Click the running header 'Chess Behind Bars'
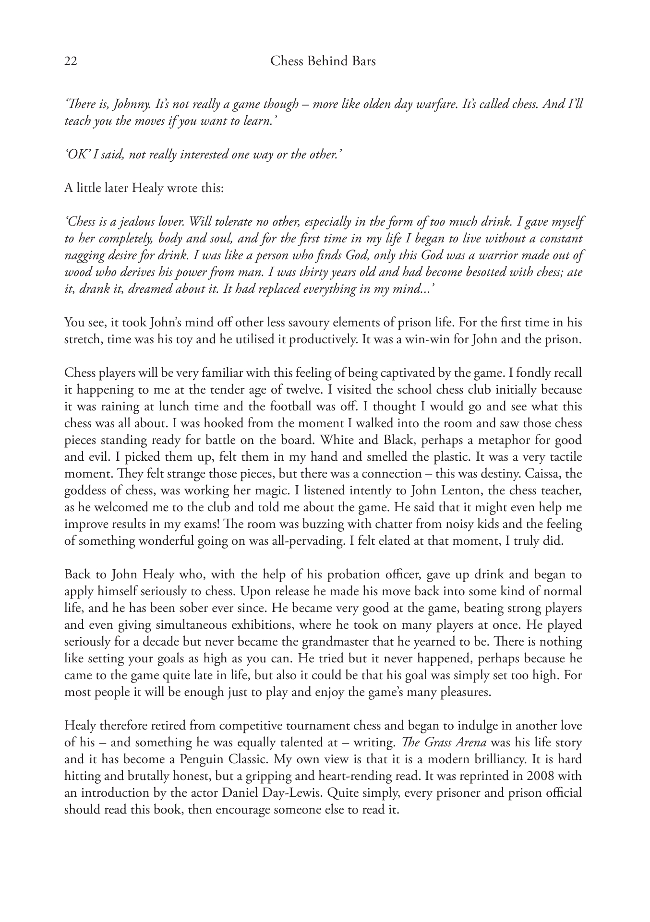(323, 61)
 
